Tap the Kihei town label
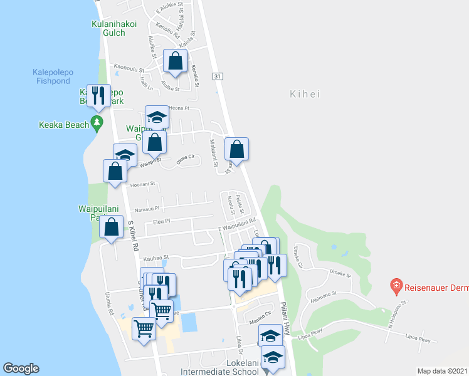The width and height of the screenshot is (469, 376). point(305,95)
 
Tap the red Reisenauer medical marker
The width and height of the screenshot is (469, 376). point(396,287)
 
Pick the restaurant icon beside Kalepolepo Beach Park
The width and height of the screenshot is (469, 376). point(98,95)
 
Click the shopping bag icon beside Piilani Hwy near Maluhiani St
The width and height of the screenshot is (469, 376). point(236,149)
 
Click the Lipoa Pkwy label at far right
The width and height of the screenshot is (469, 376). point(416,340)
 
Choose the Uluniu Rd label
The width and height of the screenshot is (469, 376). point(110,295)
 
